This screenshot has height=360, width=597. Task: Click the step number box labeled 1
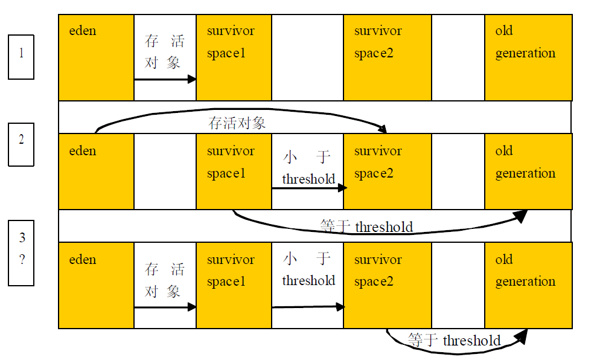tap(21, 57)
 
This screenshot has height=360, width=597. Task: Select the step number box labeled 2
tap(21, 144)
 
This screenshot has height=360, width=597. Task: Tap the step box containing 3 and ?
tap(21, 252)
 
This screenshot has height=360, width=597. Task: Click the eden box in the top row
tap(96, 57)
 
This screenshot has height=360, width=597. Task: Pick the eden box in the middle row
tap(96, 172)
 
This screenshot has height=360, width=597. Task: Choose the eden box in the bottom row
tap(96, 285)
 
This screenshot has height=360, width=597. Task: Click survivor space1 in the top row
tap(234, 57)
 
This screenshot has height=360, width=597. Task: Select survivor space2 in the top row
tap(387, 57)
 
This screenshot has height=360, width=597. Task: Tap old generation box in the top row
tap(528, 57)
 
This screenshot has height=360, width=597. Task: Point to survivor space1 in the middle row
tap(234, 172)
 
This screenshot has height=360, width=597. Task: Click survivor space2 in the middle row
tap(387, 172)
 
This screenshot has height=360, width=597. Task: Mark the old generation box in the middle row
tap(528, 172)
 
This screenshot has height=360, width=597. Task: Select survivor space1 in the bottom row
tap(234, 285)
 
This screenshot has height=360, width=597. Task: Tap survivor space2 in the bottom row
tap(387, 285)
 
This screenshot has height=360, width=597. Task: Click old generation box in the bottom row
tap(528, 285)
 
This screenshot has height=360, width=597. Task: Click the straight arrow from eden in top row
tap(165, 79)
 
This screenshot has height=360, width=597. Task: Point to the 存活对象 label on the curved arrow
tap(237, 123)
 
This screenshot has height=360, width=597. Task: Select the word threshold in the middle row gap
tap(308, 179)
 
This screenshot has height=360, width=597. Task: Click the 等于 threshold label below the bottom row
tap(454, 341)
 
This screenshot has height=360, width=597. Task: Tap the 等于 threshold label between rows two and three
tap(366, 227)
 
